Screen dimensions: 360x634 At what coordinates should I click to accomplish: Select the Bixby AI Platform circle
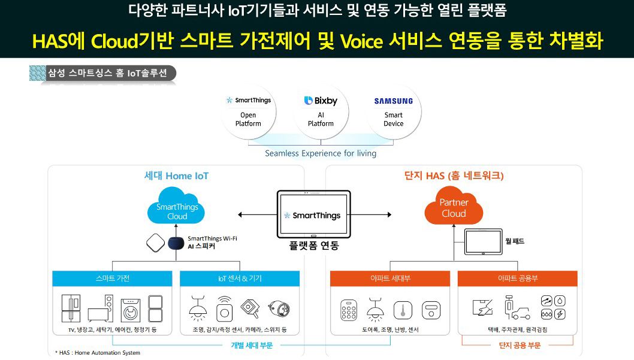pos(321,111)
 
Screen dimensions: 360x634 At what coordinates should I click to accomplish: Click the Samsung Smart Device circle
pos(393,111)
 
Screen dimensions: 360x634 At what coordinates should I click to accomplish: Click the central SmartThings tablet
pos(313,214)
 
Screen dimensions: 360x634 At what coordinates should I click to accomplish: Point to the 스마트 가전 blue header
pos(112,279)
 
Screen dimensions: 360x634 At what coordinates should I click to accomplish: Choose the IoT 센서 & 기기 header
pos(240,279)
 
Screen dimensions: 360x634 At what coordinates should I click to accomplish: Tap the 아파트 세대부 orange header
pos(390,279)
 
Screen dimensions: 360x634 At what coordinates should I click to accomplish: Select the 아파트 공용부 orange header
pos(518,279)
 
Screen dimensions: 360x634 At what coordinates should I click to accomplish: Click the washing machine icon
pos(131,310)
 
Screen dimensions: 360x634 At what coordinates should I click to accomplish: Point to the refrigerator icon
pos(71,308)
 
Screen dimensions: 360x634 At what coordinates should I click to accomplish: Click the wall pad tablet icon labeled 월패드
pos(484,241)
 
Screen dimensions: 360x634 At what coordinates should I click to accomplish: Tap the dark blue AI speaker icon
pos(176,244)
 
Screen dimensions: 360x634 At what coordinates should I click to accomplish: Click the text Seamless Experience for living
pos(321,153)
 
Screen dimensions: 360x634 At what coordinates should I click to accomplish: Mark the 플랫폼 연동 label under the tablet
pos(314,246)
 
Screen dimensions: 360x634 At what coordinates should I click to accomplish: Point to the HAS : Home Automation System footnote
pos(97,353)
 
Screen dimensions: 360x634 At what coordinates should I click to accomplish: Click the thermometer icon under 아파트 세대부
pos(403,310)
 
